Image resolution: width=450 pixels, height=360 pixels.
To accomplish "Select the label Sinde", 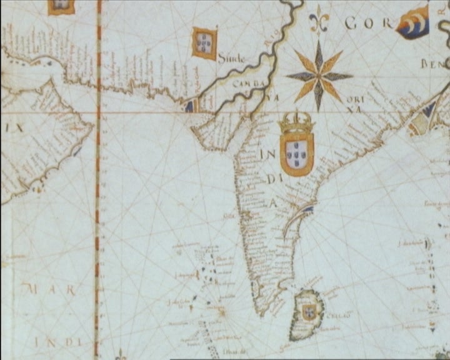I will click(232, 58).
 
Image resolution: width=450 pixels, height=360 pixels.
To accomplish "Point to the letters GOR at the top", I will click(368, 24).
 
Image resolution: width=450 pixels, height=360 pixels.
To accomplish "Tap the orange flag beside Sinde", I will click(204, 42).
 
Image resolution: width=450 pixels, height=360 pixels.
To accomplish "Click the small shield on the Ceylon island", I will click(309, 312).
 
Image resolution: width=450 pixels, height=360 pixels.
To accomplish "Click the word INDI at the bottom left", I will click(59, 341).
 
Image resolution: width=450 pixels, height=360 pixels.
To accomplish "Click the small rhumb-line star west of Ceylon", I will click(221, 309).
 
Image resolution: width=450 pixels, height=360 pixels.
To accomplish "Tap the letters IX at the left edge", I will click(14, 127).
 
